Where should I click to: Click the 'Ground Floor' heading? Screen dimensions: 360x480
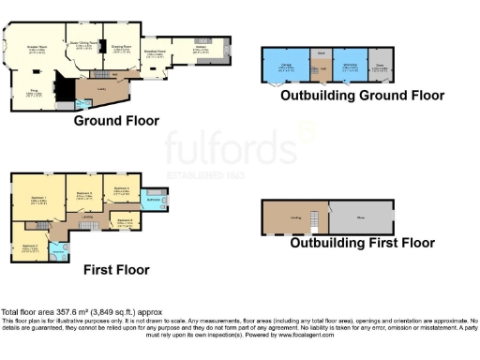coord(116,121)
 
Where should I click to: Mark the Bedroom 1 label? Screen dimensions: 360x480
coord(38,200)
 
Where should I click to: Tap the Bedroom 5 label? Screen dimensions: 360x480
coord(124,221)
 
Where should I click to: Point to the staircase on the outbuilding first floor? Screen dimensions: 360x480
coord(317,221)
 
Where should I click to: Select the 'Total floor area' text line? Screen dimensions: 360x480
coord(68,312)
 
